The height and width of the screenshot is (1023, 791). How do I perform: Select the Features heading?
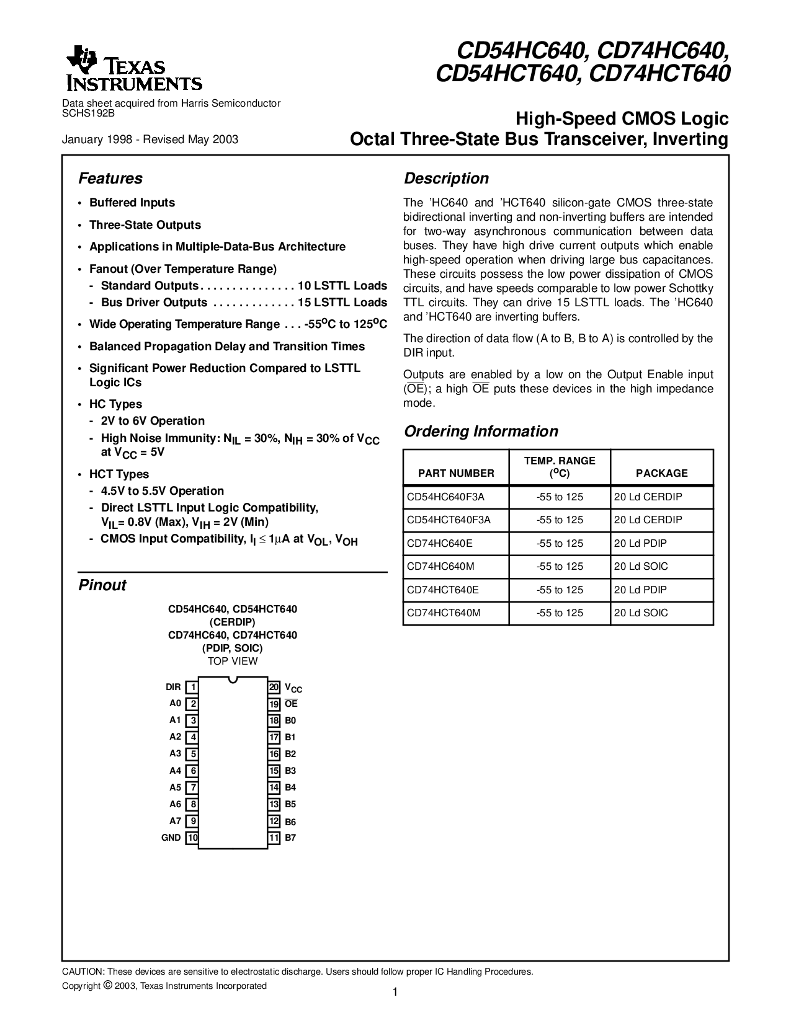(110, 179)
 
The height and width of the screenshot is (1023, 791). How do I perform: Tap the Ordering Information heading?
(481, 432)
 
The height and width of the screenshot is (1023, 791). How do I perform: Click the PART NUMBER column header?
(456, 473)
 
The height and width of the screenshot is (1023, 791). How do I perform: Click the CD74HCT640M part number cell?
(444, 613)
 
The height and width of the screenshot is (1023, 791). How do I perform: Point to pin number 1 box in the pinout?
(192, 687)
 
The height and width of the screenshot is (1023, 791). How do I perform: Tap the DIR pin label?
(173, 687)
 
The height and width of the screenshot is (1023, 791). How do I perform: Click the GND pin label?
(171, 838)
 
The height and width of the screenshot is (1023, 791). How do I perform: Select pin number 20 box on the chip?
(274, 687)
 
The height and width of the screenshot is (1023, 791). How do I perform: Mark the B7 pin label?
(290, 838)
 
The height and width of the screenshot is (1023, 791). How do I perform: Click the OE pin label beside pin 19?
(291, 704)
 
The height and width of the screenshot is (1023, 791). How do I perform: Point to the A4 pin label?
(175, 771)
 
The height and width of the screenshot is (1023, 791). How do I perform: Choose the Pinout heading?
(102, 585)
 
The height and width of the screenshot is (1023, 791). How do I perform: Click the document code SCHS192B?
(89, 113)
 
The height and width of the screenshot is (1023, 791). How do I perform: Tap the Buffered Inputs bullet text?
(132, 203)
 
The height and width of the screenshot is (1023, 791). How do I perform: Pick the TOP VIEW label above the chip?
(233, 661)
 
